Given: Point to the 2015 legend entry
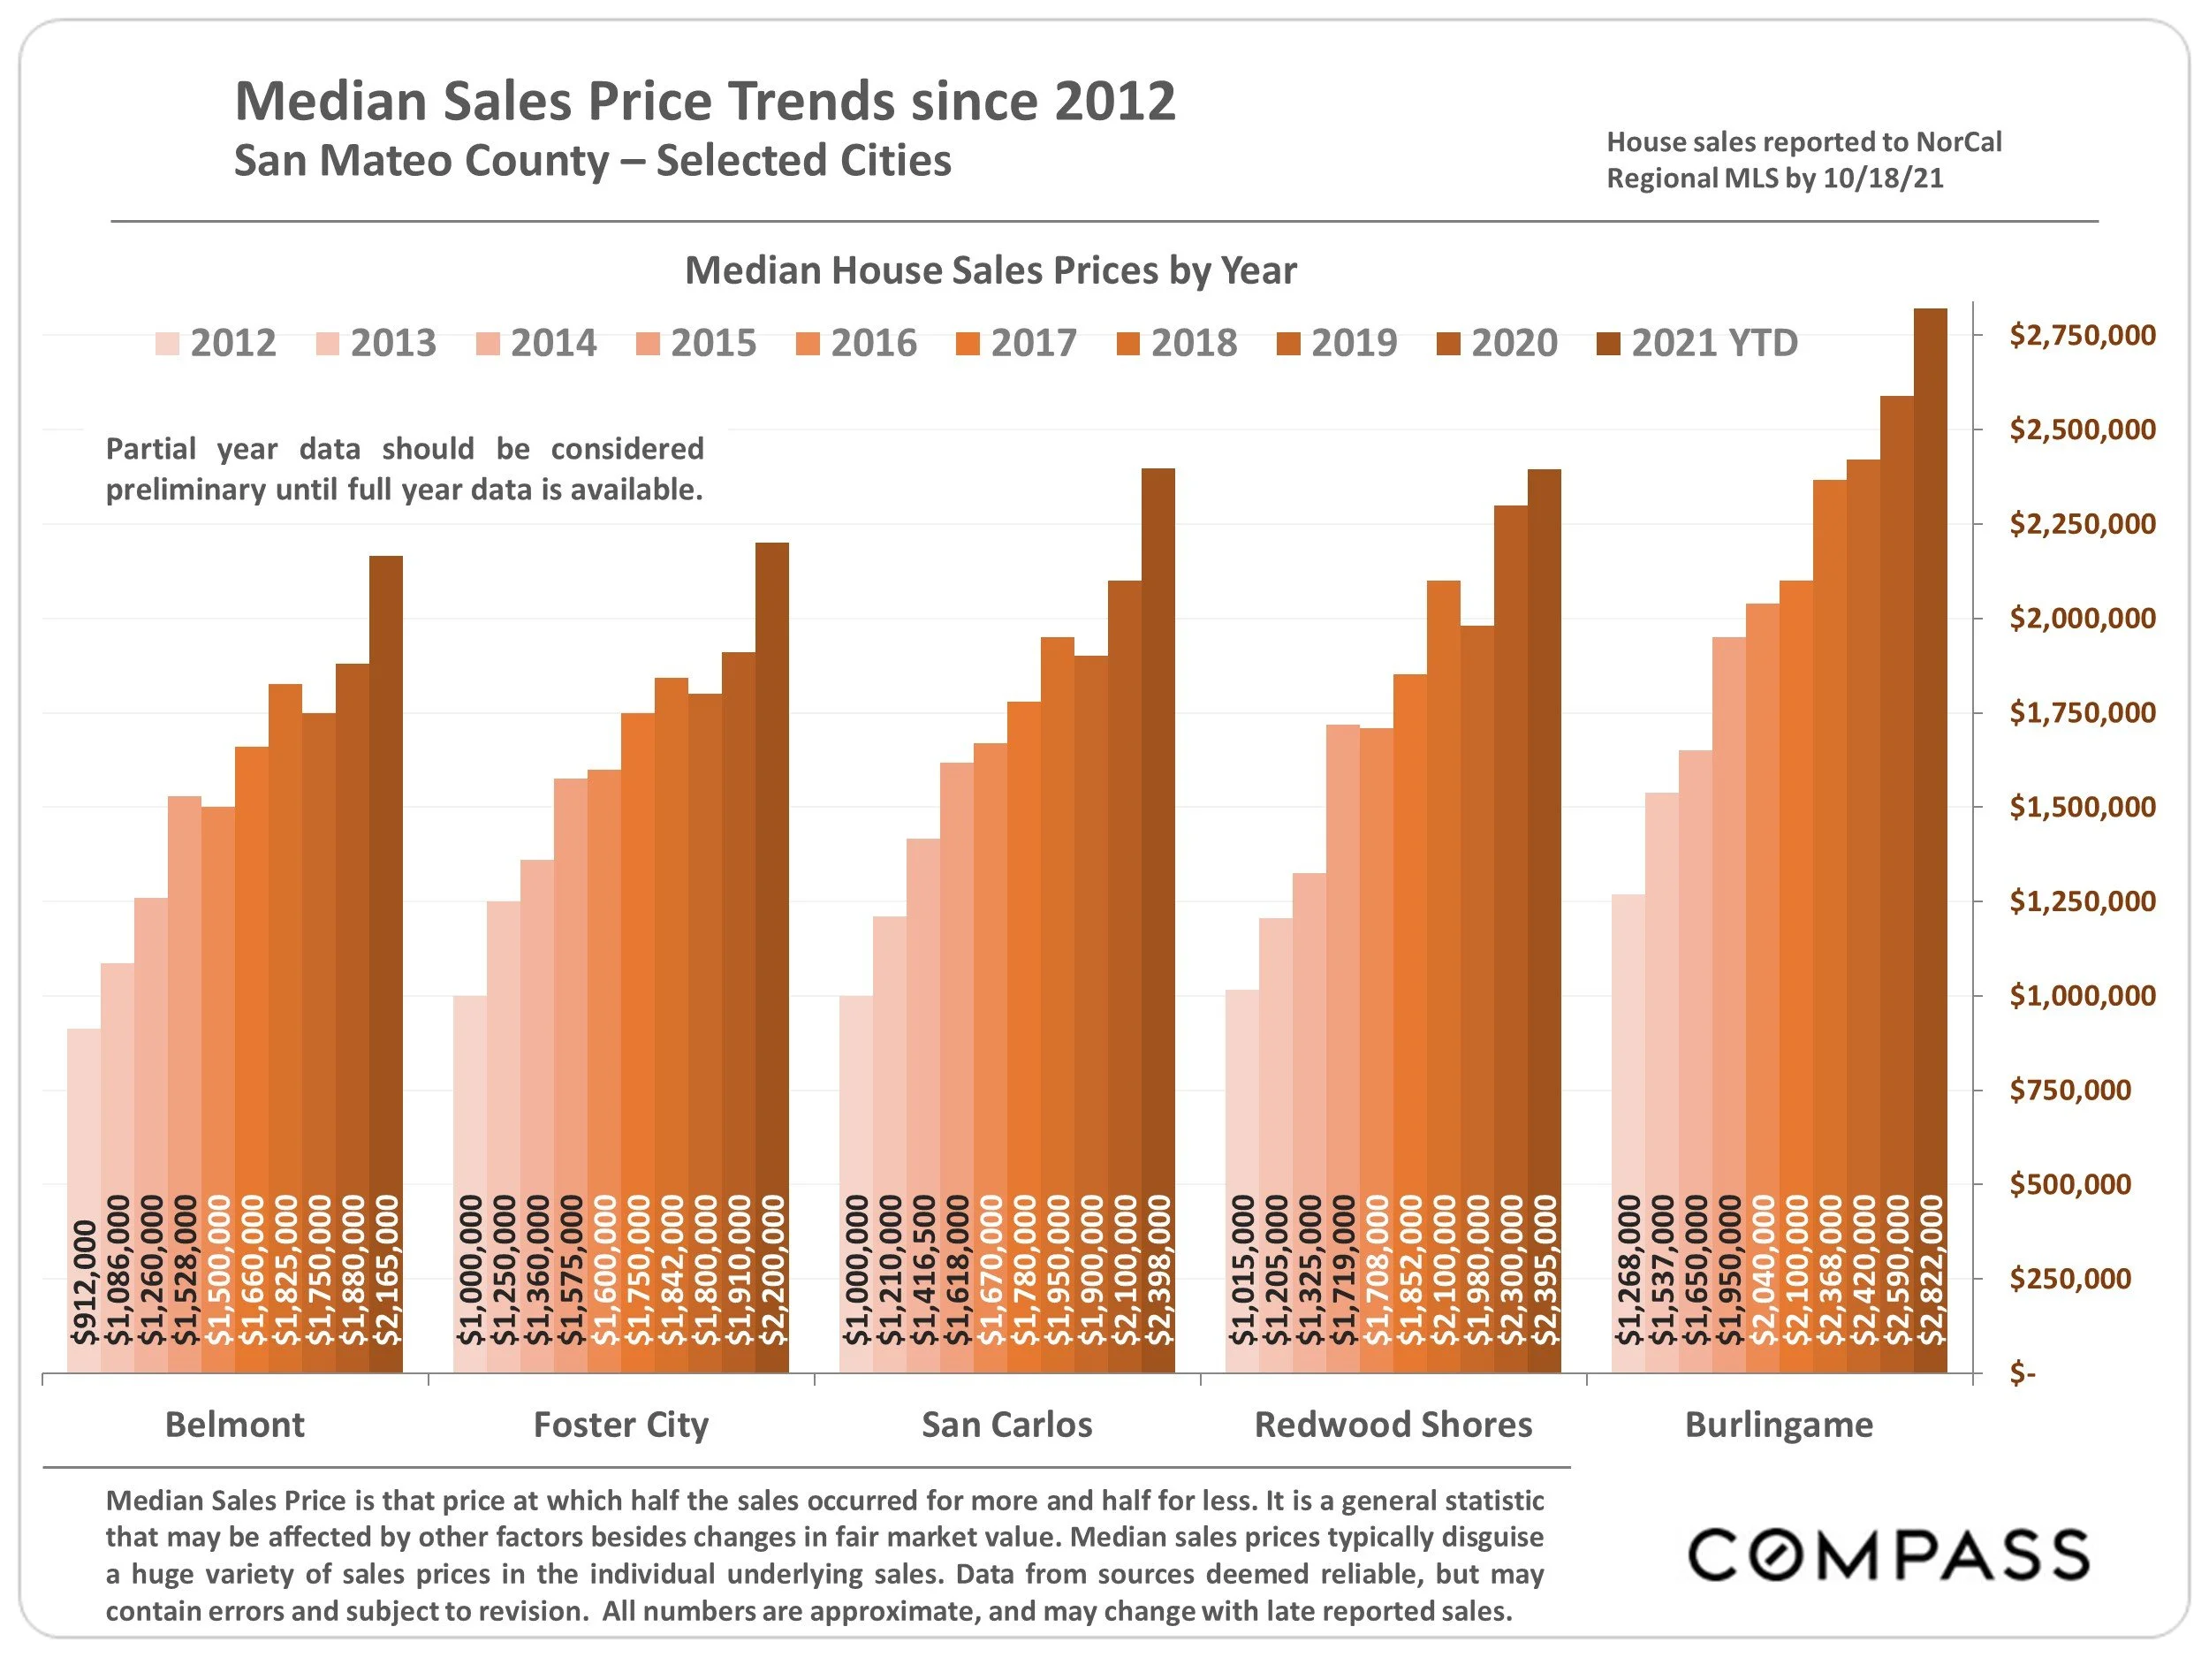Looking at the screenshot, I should pos(696,344).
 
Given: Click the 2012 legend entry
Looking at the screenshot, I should pos(216,344).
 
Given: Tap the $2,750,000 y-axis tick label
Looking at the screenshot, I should pos(2082,336).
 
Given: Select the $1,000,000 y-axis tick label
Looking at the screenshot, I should pos(2082,996).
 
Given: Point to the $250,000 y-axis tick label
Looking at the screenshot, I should pos(2070,1279).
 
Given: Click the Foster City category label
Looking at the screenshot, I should pos(621,1425).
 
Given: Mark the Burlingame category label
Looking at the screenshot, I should pos(1779,1425).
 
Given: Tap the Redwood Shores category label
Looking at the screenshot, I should pos(1393,1425).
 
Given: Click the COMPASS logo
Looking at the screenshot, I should pos(1888,1555).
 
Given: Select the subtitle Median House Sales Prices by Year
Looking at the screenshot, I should pos(990,270).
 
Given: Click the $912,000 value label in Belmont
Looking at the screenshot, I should pos(85,1282).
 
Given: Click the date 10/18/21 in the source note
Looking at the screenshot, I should pos(1882,179).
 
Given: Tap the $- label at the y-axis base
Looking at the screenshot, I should pos(2023,1374).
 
